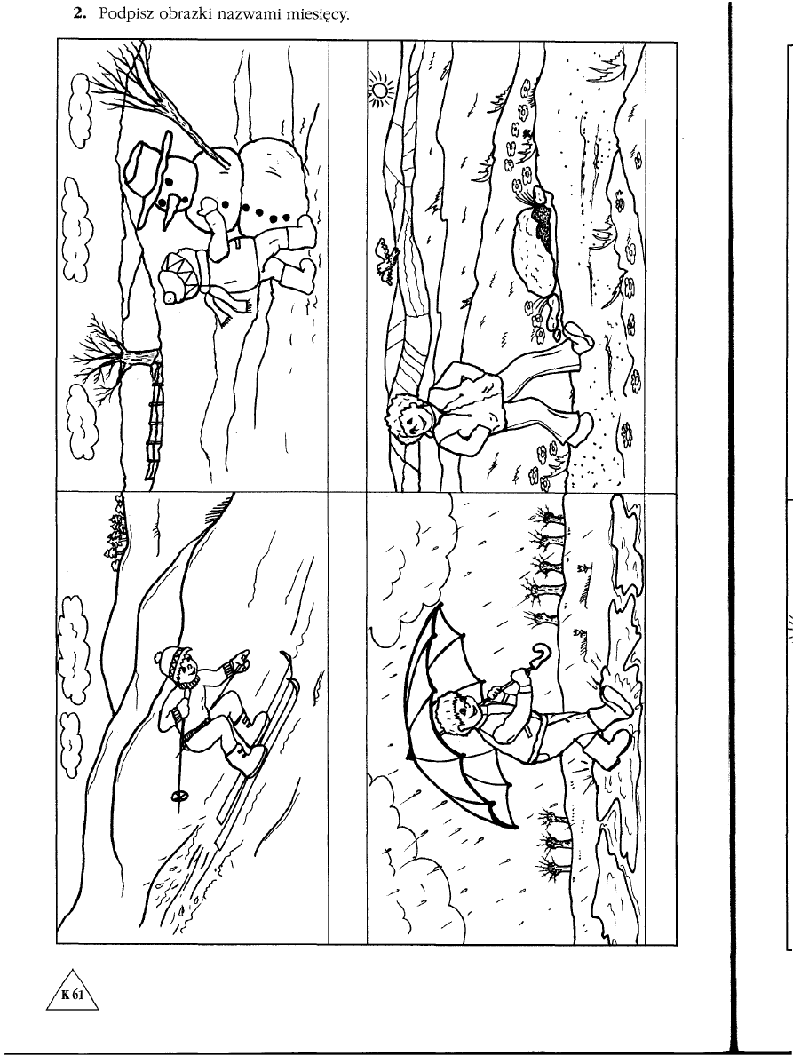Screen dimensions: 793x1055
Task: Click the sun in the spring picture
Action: click(381, 89)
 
